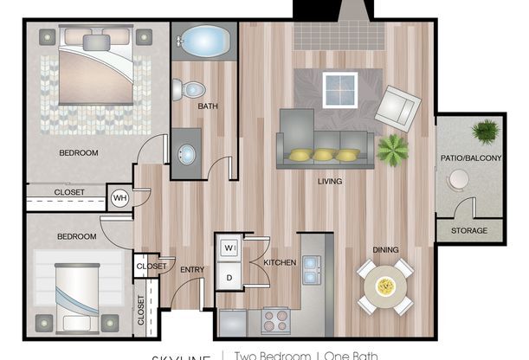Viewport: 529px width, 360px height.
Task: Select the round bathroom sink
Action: tap(186, 154)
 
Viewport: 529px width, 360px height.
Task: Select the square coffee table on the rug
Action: tap(340, 88)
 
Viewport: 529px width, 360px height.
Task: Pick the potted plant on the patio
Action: tap(486, 132)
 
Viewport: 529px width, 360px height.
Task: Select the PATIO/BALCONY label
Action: tap(468, 158)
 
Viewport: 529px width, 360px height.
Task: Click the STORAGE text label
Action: tap(468, 231)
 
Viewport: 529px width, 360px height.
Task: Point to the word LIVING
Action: tap(329, 182)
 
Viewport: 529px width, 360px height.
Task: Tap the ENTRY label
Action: tap(191, 270)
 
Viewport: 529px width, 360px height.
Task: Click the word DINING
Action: tap(385, 250)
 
